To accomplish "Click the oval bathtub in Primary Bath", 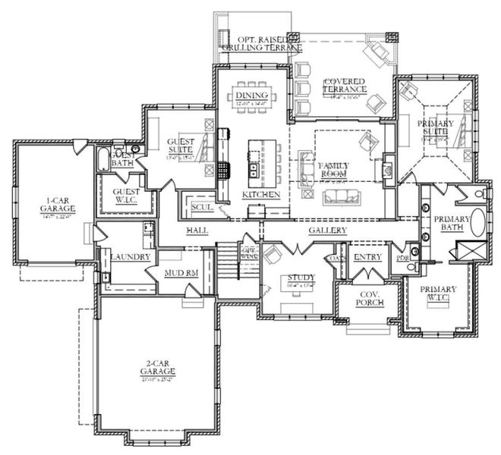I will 479,222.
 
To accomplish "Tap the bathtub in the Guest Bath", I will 102,161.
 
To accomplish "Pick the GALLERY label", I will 327,231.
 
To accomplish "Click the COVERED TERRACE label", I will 344,85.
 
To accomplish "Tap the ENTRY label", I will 367,257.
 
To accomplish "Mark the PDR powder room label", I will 402,258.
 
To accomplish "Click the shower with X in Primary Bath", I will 463,250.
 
